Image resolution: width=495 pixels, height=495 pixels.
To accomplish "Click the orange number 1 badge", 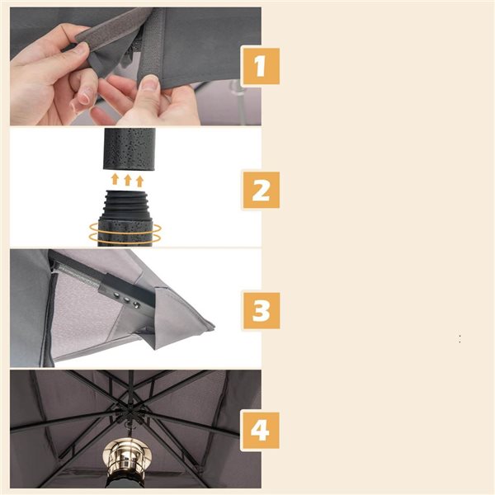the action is pos(260,66).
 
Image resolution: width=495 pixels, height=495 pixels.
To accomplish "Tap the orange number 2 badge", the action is pos(262,190).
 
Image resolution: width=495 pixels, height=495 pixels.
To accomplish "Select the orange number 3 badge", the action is pos(262,311).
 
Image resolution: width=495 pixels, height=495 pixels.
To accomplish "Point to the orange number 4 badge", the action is pos(260,431).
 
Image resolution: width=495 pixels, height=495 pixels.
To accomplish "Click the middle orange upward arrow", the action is pos(128,180).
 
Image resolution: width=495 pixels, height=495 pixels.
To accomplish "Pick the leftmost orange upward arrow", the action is pos(115,179).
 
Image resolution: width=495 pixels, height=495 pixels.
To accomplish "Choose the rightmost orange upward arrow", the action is pos(140,181).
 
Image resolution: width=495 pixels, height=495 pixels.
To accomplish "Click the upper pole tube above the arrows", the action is pos(130,148).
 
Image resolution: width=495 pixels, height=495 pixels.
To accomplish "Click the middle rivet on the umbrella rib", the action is pos(126,299).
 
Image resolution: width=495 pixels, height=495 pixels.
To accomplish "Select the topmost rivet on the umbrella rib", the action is pos(117,295).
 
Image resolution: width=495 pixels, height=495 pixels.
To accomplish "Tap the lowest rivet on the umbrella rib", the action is pos(136,304).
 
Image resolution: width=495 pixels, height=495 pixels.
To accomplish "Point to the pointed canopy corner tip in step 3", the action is pos(214,326).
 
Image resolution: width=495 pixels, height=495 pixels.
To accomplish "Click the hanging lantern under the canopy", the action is pos(127,460).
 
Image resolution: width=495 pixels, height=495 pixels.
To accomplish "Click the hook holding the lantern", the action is pos(129,429).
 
